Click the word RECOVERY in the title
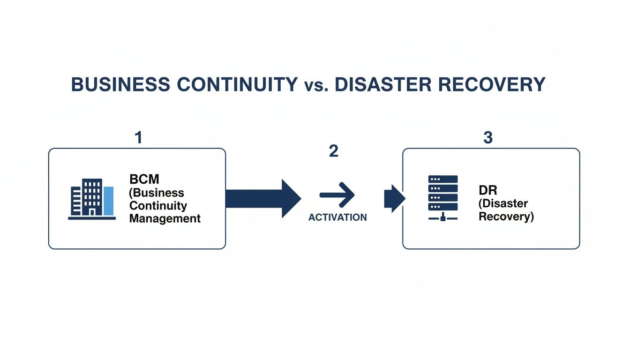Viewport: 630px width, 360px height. pos(500,85)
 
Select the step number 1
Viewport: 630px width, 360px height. pos(138,137)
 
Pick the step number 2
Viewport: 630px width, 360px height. pos(333,151)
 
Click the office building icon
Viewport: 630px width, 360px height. pos(92,199)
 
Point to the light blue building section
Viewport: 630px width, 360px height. pos(108,201)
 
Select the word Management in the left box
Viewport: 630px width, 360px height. pos(165,218)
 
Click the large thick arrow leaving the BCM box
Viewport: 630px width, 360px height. pos(262,198)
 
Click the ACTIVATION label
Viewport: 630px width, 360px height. pos(337,217)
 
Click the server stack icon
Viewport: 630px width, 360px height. pos(443,193)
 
